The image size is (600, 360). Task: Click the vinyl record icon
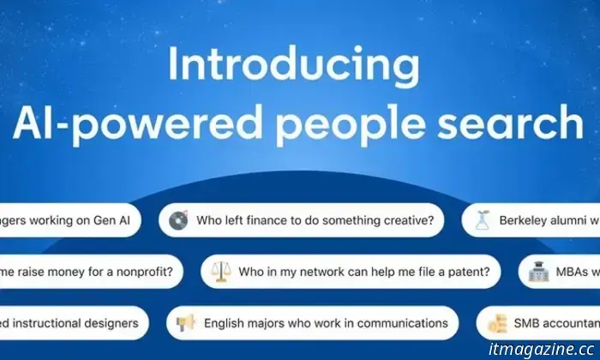[178, 220]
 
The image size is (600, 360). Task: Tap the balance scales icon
[220, 273]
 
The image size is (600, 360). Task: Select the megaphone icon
[185, 324]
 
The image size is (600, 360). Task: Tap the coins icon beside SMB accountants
[498, 324]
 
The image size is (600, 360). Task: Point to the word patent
[471, 273]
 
